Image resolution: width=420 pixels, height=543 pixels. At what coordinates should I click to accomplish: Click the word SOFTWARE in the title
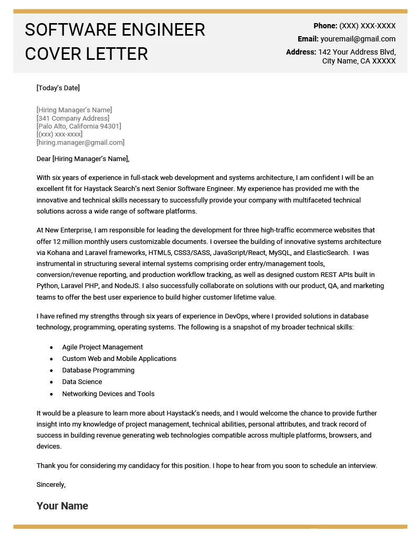click(x=69, y=30)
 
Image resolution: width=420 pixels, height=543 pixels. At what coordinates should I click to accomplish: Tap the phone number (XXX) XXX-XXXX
click(x=367, y=26)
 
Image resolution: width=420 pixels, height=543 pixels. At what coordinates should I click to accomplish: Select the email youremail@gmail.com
click(x=358, y=39)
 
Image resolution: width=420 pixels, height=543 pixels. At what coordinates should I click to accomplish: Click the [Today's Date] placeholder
click(x=58, y=88)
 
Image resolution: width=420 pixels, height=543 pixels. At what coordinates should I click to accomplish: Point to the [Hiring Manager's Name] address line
click(x=74, y=110)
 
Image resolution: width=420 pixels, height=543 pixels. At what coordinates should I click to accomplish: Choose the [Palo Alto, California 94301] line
click(x=79, y=126)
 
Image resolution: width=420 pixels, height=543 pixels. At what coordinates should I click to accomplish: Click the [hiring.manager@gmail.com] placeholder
click(x=80, y=143)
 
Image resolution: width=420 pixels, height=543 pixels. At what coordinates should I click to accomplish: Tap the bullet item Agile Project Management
click(x=102, y=347)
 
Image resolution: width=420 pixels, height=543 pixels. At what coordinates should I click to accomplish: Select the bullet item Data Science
click(x=82, y=382)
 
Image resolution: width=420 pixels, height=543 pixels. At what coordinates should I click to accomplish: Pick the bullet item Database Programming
click(x=98, y=370)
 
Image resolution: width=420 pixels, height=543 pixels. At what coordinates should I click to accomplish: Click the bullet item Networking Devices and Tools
click(x=108, y=394)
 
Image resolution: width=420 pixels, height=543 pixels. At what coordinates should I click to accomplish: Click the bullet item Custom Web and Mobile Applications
click(x=119, y=359)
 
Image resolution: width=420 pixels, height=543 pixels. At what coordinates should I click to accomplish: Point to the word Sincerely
click(x=51, y=485)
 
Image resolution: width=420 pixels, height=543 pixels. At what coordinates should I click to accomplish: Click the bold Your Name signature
click(x=62, y=506)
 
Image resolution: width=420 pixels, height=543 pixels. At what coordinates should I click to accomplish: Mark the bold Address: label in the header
click(x=301, y=52)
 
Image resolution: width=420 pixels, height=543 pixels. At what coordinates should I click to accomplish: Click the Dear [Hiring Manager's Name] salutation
click(x=83, y=159)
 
